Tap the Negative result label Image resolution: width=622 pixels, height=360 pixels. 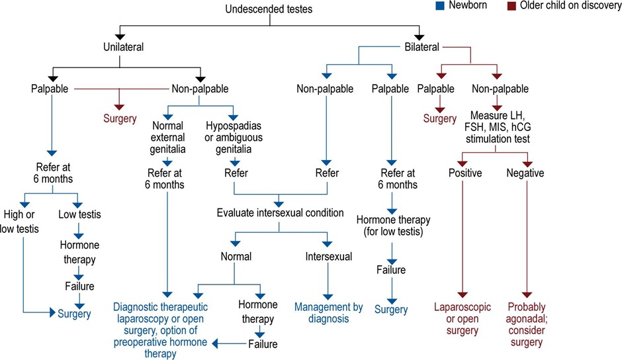pos(525,173)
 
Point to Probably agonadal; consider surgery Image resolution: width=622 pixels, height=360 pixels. pos(526,324)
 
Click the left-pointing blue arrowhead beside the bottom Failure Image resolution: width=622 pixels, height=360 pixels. pos(214,343)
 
